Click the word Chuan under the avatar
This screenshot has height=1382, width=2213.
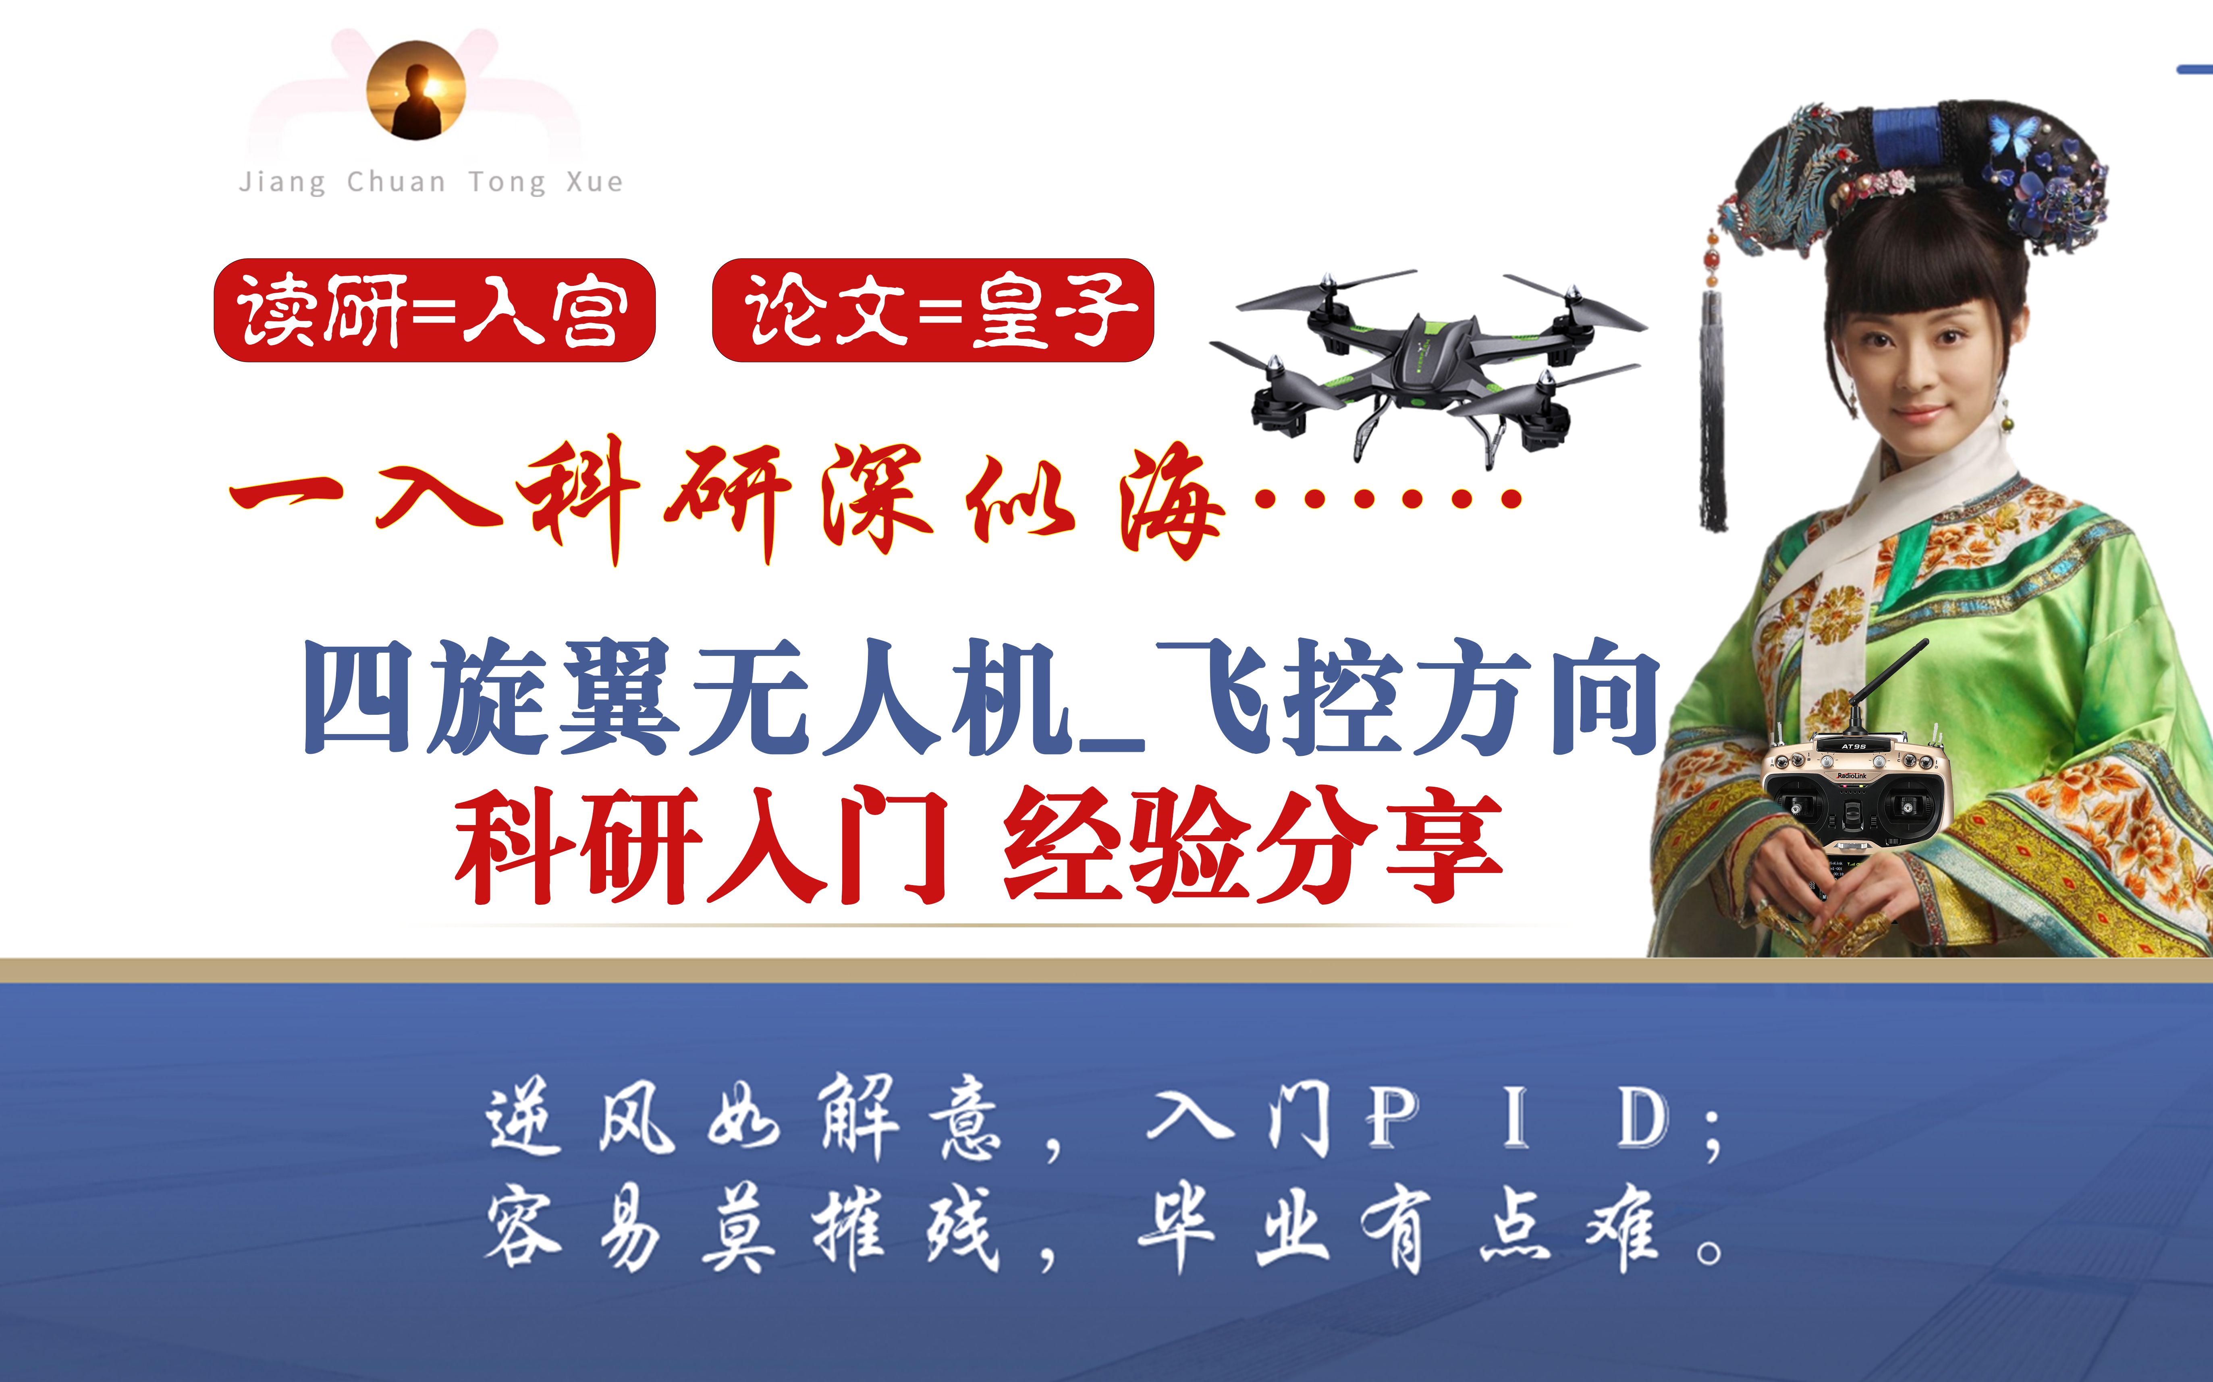(396, 182)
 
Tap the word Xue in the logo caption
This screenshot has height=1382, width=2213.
(594, 182)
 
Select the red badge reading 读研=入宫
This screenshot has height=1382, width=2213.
(434, 310)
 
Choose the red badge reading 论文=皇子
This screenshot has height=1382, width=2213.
(933, 310)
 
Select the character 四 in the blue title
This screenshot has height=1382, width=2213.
(359, 697)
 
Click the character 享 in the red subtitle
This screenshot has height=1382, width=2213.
(1445, 846)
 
